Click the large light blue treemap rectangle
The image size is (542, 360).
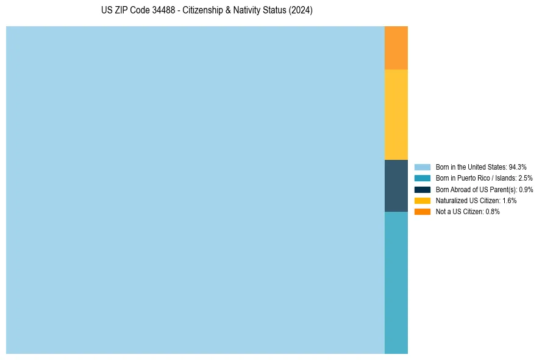pos(195,190)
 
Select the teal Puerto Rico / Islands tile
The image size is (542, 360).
pos(396,283)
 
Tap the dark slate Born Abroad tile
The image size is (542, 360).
pos(396,185)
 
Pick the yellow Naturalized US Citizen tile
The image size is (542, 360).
pos(396,115)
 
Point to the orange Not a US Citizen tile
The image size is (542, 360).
pos(396,48)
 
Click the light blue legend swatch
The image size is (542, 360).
pos(422,167)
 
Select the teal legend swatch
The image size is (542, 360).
pos(422,178)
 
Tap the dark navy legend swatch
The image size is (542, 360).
pos(422,189)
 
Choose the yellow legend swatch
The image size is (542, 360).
pos(422,200)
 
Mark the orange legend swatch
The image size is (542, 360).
pos(422,212)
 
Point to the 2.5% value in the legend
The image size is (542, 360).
pos(525,178)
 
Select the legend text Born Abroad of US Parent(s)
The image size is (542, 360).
pos(476,189)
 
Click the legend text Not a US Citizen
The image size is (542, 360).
pos(459,212)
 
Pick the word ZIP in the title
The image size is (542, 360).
pos(121,11)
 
